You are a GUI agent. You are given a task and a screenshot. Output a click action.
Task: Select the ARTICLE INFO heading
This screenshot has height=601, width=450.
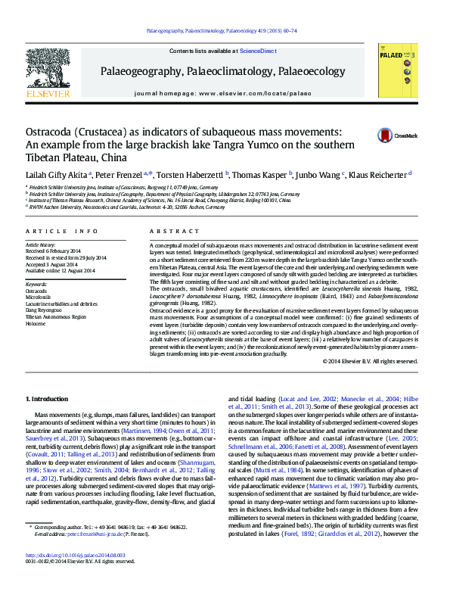coord(61,231)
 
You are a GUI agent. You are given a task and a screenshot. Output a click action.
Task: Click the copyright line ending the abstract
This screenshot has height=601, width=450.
coord(370,361)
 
